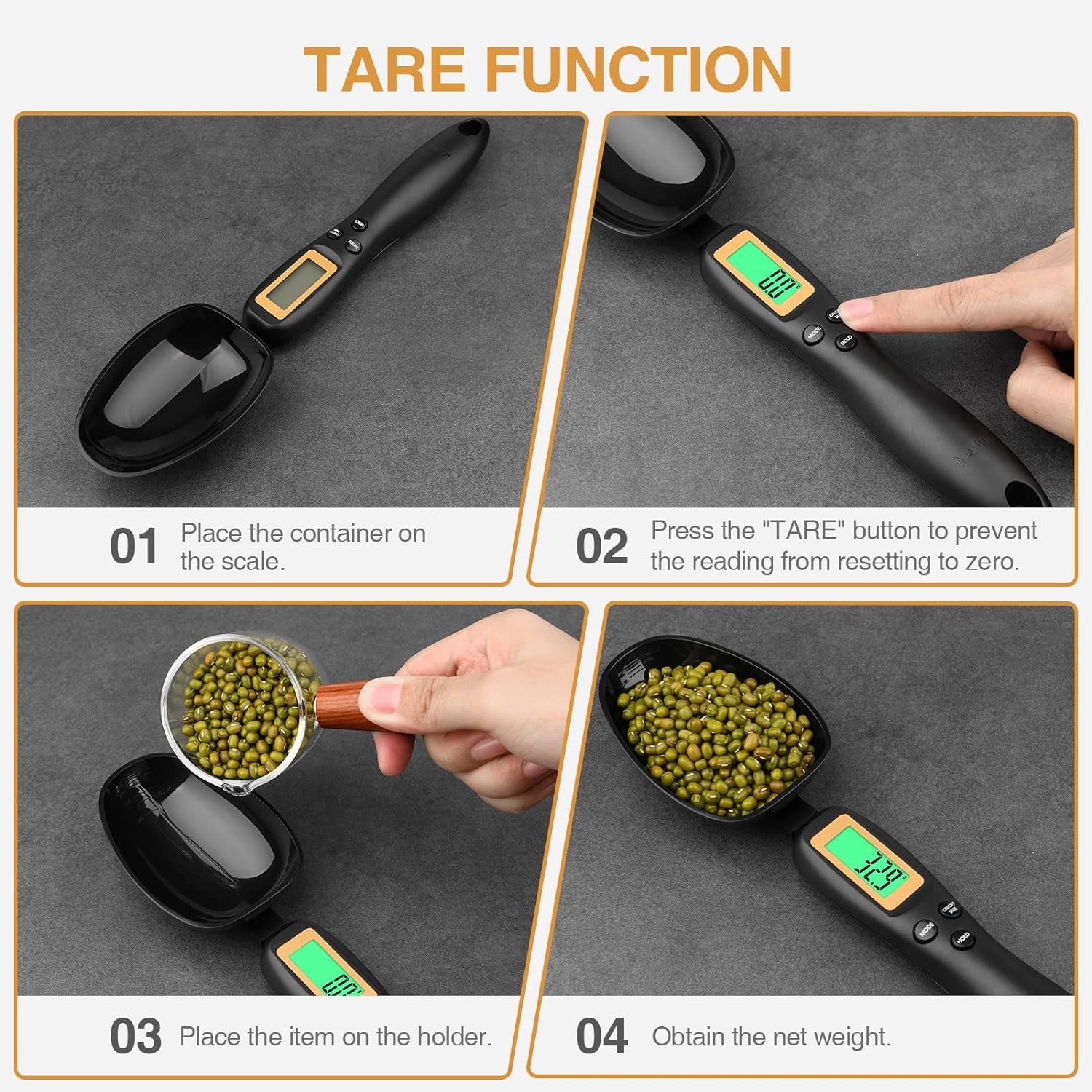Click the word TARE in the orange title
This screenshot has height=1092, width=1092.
point(384,69)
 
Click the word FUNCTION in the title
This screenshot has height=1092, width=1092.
point(638,69)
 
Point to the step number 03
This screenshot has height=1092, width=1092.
point(135,1036)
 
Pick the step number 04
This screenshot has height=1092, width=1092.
point(601,1036)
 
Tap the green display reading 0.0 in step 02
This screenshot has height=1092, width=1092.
point(767,274)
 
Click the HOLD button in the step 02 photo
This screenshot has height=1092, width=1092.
point(846,340)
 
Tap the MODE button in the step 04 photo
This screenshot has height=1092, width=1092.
point(925,930)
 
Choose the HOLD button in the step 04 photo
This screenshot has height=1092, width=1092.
point(963,938)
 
